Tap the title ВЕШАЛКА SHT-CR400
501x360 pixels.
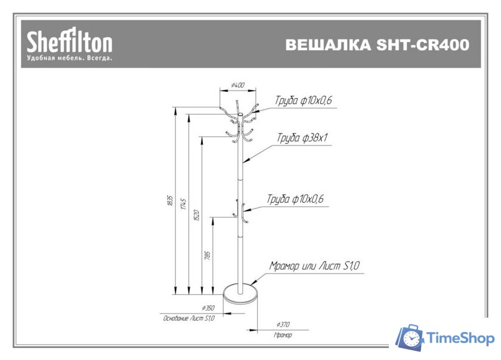pyautogui.click(x=377, y=45)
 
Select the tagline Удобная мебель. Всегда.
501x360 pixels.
pyautogui.click(x=69, y=58)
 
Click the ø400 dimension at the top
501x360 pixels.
pyautogui.click(x=237, y=85)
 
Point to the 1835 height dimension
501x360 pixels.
pyautogui.click(x=170, y=201)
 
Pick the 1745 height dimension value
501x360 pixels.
pyautogui.click(x=184, y=205)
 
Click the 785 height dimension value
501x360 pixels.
pyautogui.click(x=208, y=255)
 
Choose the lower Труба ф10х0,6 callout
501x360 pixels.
pyautogui.click(x=295, y=199)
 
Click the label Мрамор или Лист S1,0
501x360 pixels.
pyautogui.click(x=314, y=266)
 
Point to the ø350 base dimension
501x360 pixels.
pyautogui.click(x=208, y=308)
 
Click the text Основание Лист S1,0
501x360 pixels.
pyautogui.click(x=188, y=319)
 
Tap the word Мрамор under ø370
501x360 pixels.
pyautogui.click(x=283, y=336)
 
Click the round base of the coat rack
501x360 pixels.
pyautogui.click(x=240, y=294)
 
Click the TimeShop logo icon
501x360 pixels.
pyautogui.click(x=409, y=338)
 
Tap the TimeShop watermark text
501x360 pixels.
pyautogui.click(x=461, y=339)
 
